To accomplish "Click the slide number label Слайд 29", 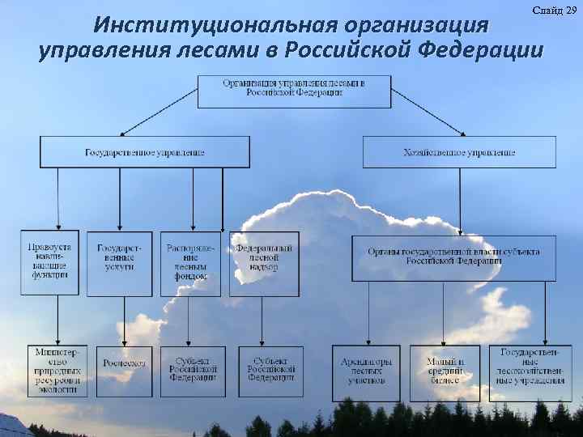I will pyautogui.click(x=555, y=10).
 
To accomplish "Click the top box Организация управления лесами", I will pyautogui.click(x=294, y=90).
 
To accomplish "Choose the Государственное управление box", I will pyautogui.click(x=145, y=152).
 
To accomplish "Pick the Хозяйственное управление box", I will pyautogui.click(x=459, y=152).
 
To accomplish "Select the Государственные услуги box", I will pyautogui.click(x=120, y=263).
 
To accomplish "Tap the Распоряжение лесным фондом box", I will pyautogui.click(x=190, y=263).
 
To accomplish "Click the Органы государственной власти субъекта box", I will pyautogui.click(x=453, y=257).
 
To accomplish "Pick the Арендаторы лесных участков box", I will pyautogui.click(x=366, y=372).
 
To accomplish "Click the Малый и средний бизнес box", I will pyautogui.click(x=445, y=372).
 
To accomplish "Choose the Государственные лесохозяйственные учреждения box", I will pyautogui.click(x=530, y=372).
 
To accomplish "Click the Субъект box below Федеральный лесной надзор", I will pyautogui.click(x=270, y=371).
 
